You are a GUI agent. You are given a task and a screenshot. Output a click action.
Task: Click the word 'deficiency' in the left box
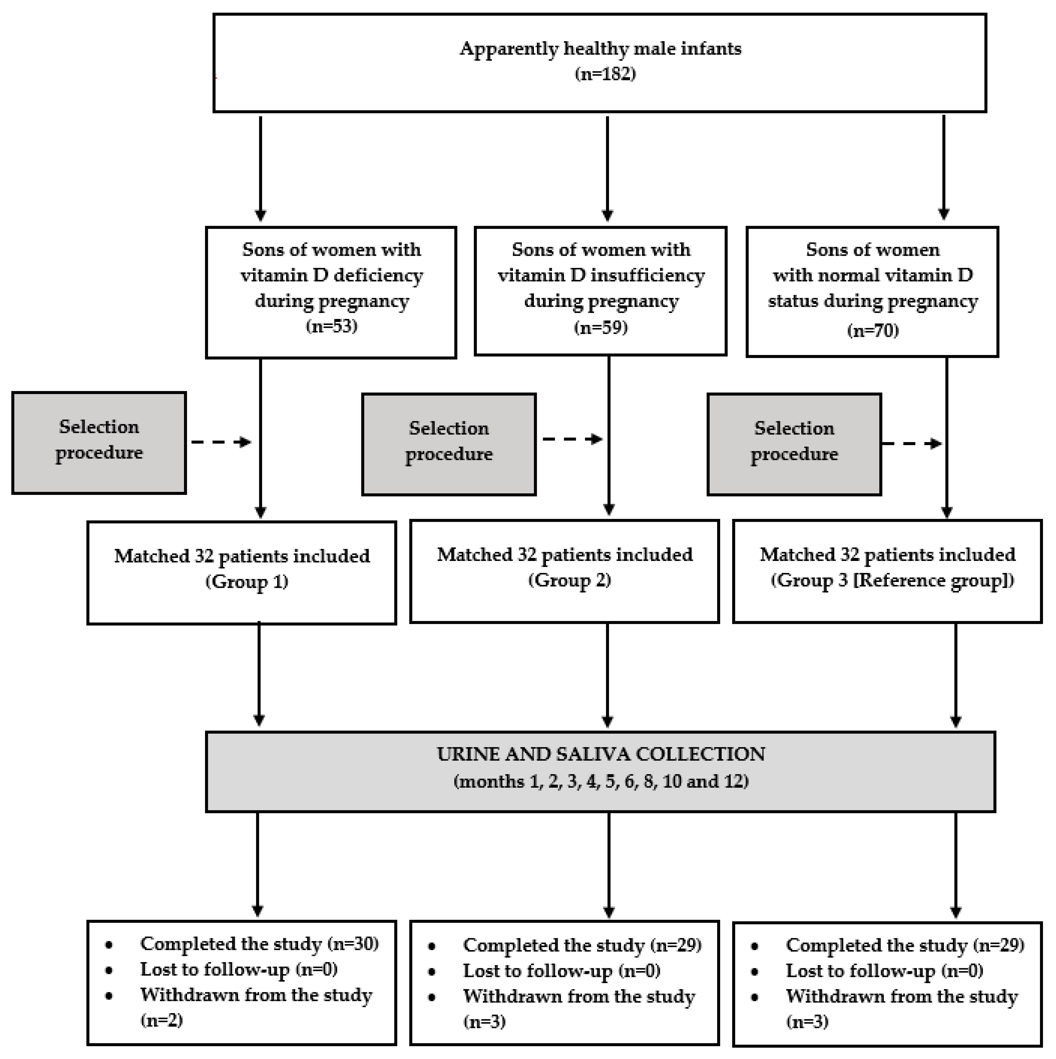378,275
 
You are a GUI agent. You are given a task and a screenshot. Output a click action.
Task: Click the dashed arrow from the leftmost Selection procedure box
221,442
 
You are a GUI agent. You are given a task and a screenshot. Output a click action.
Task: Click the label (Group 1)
247,582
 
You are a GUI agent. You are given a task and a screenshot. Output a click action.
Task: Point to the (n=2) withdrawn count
162,1020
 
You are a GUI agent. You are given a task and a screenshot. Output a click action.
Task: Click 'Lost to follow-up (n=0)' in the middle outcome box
562,971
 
